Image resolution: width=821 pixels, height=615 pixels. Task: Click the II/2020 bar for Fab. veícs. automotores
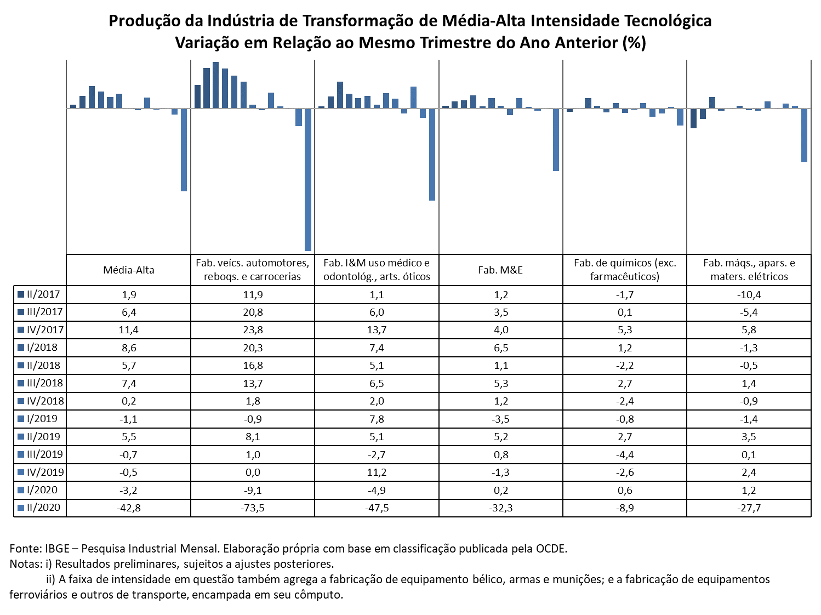tap(307, 180)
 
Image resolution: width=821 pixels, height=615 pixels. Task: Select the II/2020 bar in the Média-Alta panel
tap(184, 150)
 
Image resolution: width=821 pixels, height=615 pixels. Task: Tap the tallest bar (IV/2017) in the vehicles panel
tap(215, 85)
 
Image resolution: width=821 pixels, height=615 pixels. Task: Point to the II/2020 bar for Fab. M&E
tap(556, 140)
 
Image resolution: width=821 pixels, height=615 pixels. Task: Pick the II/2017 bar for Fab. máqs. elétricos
tap(693, 118)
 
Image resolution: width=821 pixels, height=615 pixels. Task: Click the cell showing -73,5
tap(252, 508)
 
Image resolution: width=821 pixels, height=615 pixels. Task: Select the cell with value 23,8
tap(253, 330)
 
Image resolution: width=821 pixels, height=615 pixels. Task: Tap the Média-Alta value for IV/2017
tap(129, 330)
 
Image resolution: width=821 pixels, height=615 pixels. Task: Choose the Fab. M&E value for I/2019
tap(501, 419)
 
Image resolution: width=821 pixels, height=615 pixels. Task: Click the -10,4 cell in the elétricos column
tap(749, 295)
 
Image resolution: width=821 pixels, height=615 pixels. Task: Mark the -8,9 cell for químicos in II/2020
tap(625, 508)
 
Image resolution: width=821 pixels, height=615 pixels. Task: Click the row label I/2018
tap(42, 348)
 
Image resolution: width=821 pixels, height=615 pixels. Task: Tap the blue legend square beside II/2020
tap(21, 508)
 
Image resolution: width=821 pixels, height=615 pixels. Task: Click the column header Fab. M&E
tap(500, 270)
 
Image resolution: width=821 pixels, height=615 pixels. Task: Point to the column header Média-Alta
tap(129, 270)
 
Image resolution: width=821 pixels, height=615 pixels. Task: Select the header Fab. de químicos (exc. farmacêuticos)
tap(625, 270)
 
